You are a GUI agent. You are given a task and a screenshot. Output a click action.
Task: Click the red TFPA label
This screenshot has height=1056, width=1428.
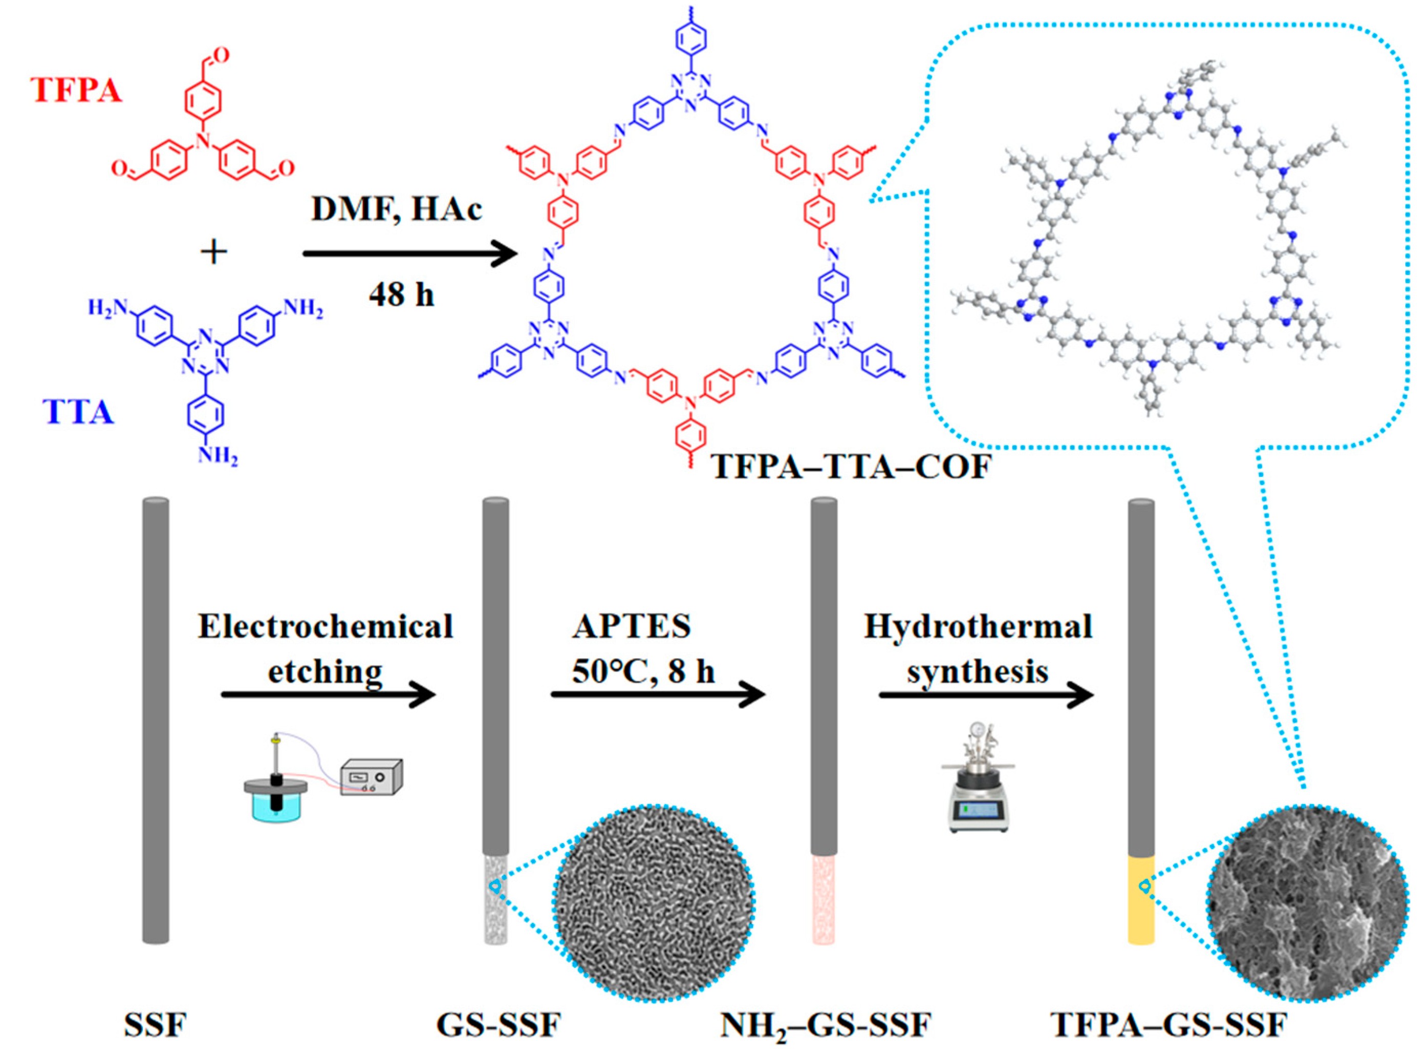76,91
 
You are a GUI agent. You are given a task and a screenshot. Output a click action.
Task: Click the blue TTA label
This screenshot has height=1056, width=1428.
78,412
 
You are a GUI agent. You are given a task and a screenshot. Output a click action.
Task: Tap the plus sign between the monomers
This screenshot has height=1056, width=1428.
213,252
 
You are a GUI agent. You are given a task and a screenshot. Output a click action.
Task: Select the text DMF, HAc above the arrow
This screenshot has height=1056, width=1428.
396,209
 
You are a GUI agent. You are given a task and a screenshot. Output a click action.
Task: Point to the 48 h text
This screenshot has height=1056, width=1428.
401,294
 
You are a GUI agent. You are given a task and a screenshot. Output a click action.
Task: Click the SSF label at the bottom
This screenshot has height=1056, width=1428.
155,1026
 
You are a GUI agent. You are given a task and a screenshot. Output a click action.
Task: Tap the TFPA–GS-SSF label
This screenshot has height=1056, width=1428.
1169,1026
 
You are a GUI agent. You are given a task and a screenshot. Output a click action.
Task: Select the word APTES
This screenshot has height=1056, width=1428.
631,626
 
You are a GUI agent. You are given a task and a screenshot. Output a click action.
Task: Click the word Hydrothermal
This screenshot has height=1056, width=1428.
978,626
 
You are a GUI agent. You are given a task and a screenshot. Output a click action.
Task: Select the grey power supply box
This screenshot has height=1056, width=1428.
371,778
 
